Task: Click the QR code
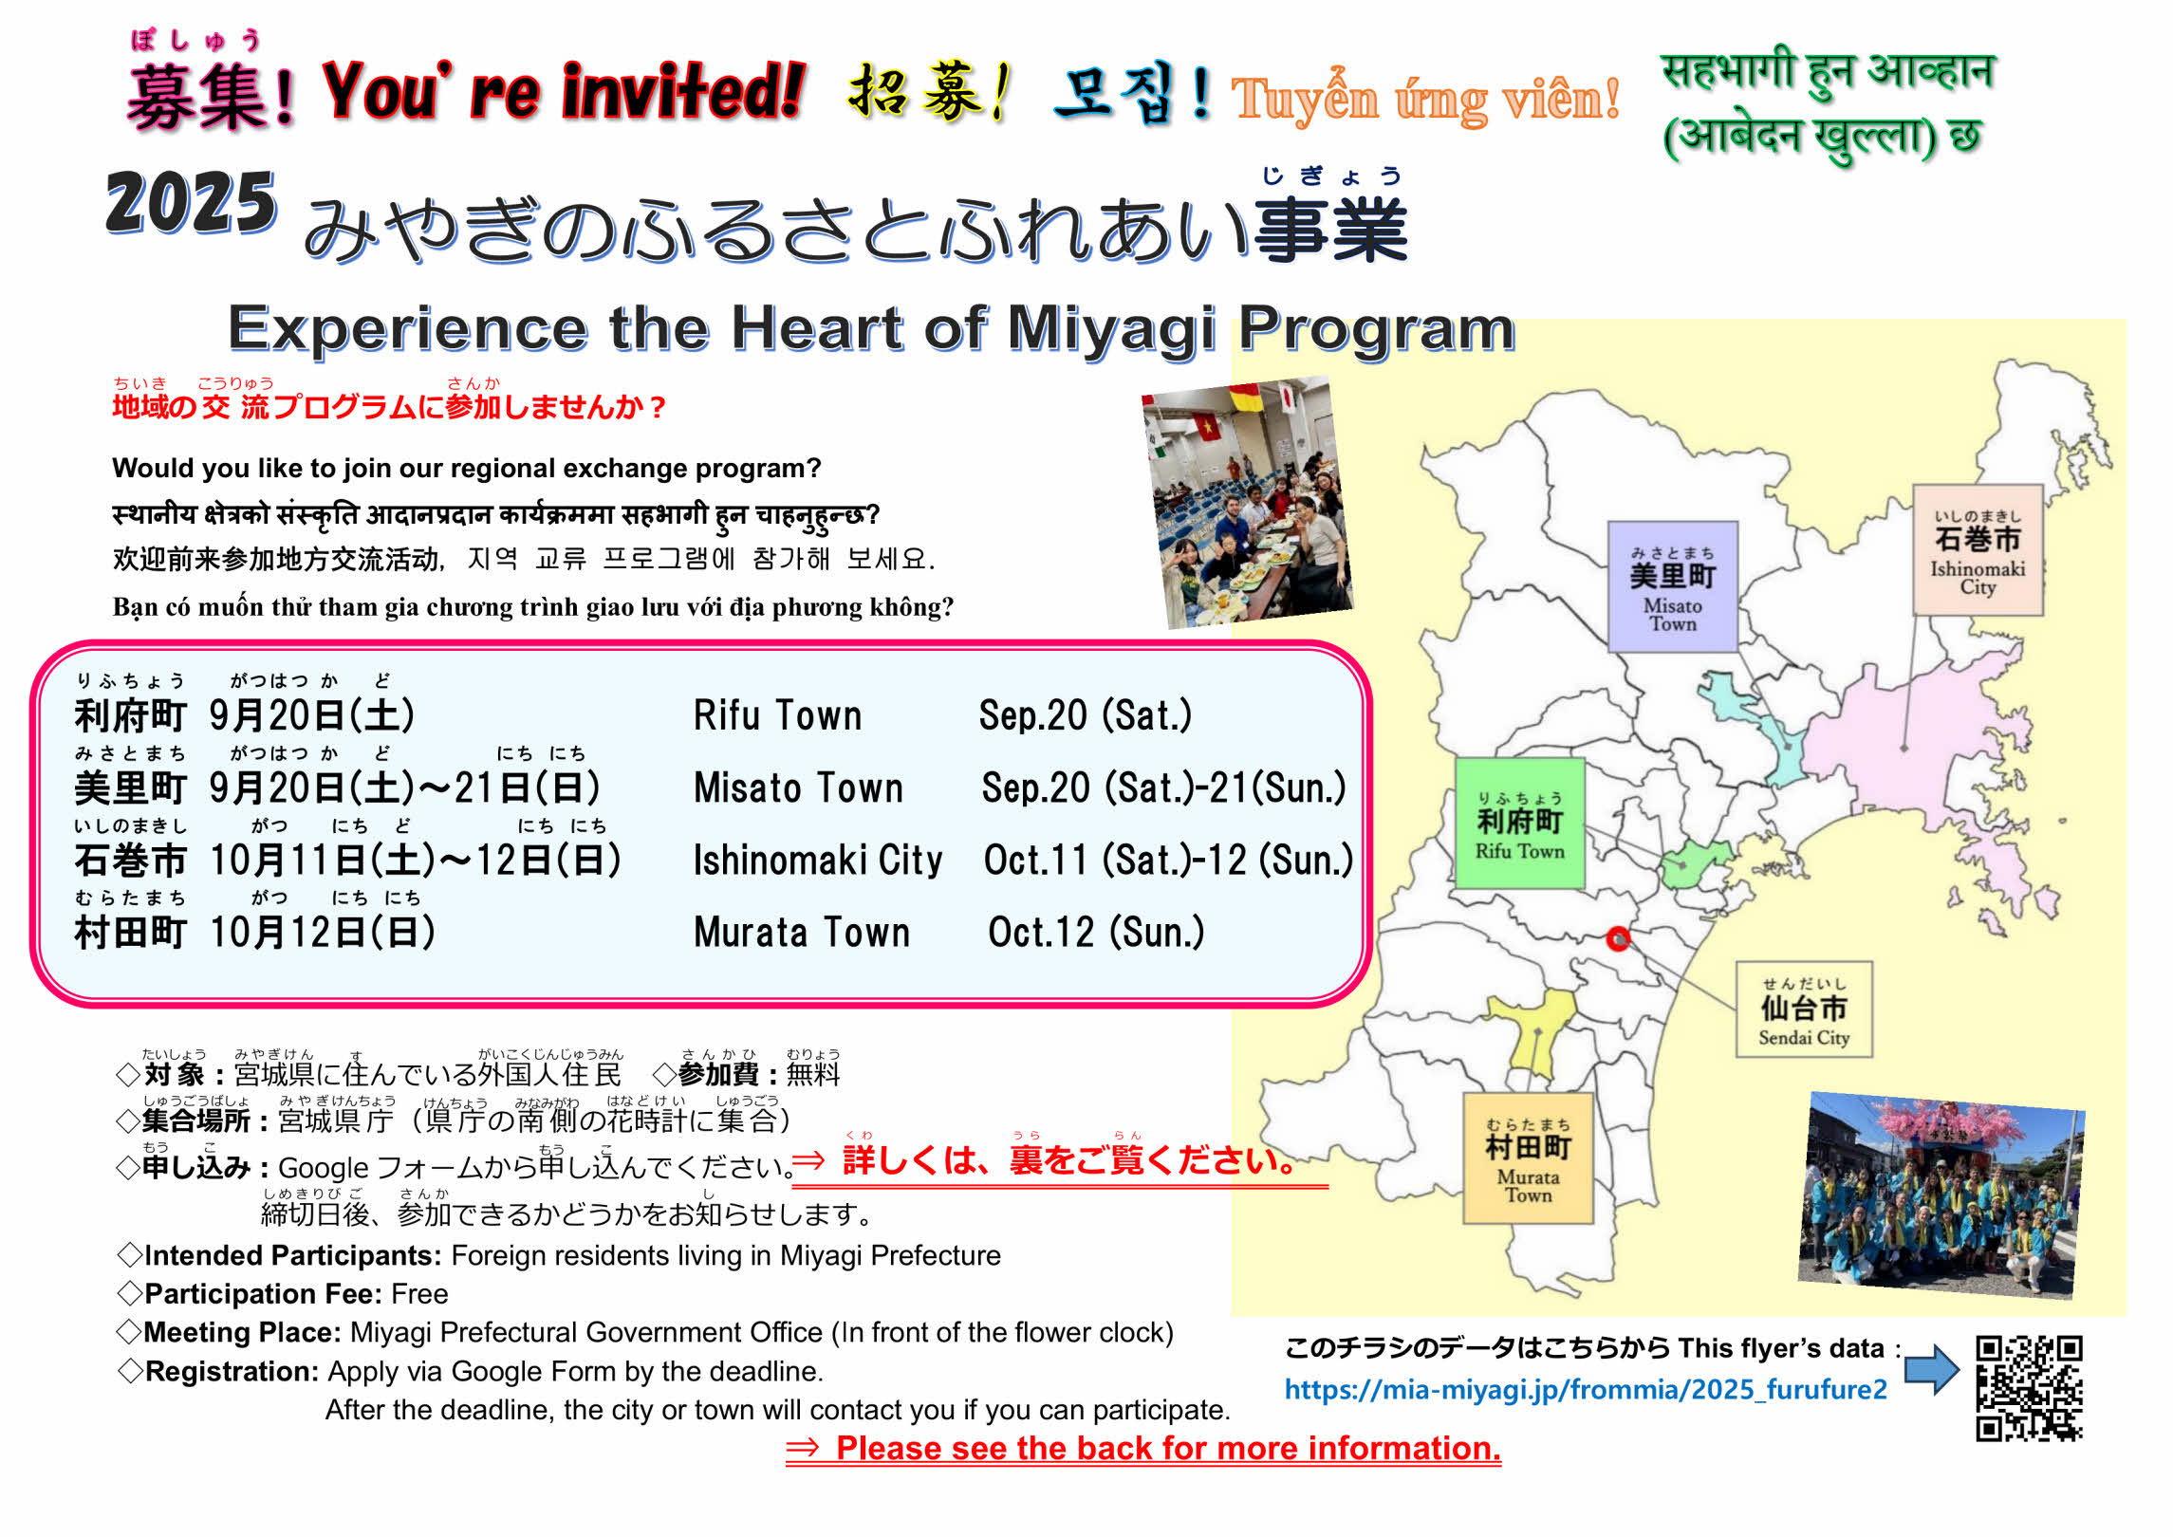(2029, 1389)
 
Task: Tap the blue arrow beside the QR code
(1932, 1369)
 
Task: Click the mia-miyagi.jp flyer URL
(1586, 1391)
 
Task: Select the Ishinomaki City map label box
(1978, 549)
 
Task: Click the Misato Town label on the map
(1673, 586)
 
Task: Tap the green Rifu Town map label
(1519, 823)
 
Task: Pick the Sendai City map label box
(1804, 1009)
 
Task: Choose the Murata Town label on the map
(1528, 1158)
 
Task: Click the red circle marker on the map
(1618, 938)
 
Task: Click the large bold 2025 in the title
(191, 203)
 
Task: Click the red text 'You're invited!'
(564, 92)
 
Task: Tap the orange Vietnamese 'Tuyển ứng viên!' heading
(1425, 99)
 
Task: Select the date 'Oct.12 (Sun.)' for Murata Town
(1096, 933)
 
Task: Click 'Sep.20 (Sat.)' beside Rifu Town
(1086, 715)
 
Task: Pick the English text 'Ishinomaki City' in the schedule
(818, 861)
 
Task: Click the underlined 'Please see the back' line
(1143, 1449)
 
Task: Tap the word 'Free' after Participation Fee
(419, 1294)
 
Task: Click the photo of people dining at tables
(1248, 503)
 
